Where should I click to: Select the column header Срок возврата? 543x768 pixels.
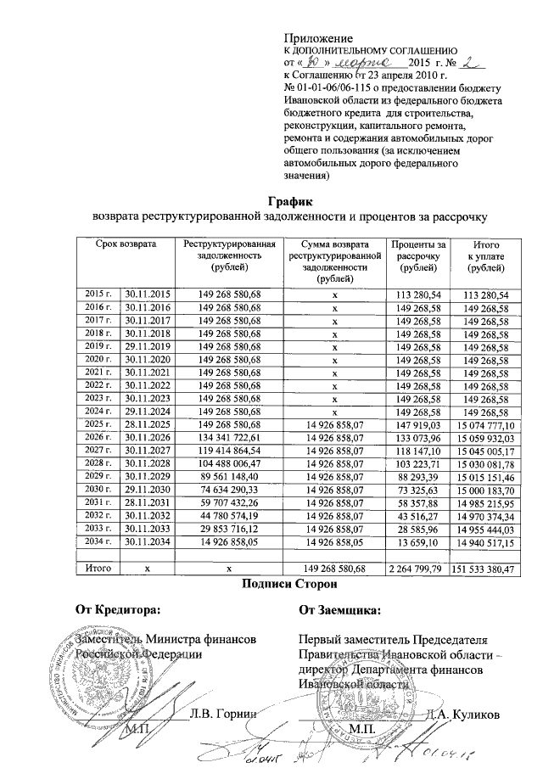[126, 244]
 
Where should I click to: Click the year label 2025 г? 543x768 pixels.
[98, 423]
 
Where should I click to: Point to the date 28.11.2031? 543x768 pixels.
[148, 502]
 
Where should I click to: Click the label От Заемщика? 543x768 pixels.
[340, 608]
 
